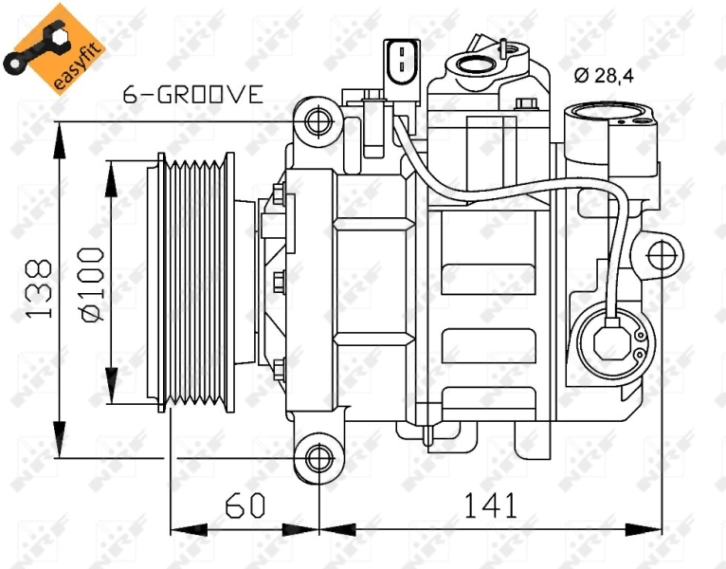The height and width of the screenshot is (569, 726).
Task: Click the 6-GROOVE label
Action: [192, 94]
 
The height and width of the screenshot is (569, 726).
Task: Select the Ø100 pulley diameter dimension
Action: [91, 284]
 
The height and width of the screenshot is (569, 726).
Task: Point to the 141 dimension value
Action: [490, 505]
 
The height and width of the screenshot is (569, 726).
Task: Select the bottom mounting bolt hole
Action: [320, 459]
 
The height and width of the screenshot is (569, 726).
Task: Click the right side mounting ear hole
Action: [662, 253]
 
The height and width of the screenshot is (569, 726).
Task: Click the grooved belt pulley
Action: [194, 282]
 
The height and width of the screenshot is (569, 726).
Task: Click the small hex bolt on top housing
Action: [526, 102]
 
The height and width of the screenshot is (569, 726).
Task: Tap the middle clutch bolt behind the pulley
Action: [278, 281]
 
